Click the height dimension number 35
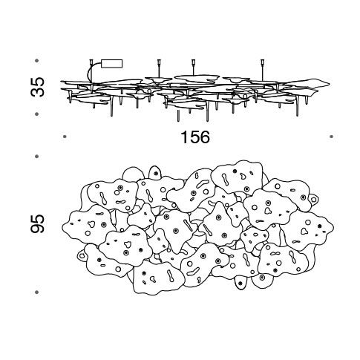38,87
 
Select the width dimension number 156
195,137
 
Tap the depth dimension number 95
38,223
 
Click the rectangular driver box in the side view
112,64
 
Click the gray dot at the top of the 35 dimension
37,61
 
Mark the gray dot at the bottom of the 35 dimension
37,114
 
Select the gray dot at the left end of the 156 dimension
65,137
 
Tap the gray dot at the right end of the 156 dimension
332,137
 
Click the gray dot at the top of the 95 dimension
37,157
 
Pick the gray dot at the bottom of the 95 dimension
37,292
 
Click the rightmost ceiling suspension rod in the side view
262,70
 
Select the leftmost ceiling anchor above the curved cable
91,62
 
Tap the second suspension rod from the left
158,68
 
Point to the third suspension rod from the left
193,68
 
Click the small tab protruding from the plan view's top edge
155,171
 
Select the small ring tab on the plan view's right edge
314,198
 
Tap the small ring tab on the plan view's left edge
82,255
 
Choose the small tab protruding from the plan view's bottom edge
240,284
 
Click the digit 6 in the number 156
205,137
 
